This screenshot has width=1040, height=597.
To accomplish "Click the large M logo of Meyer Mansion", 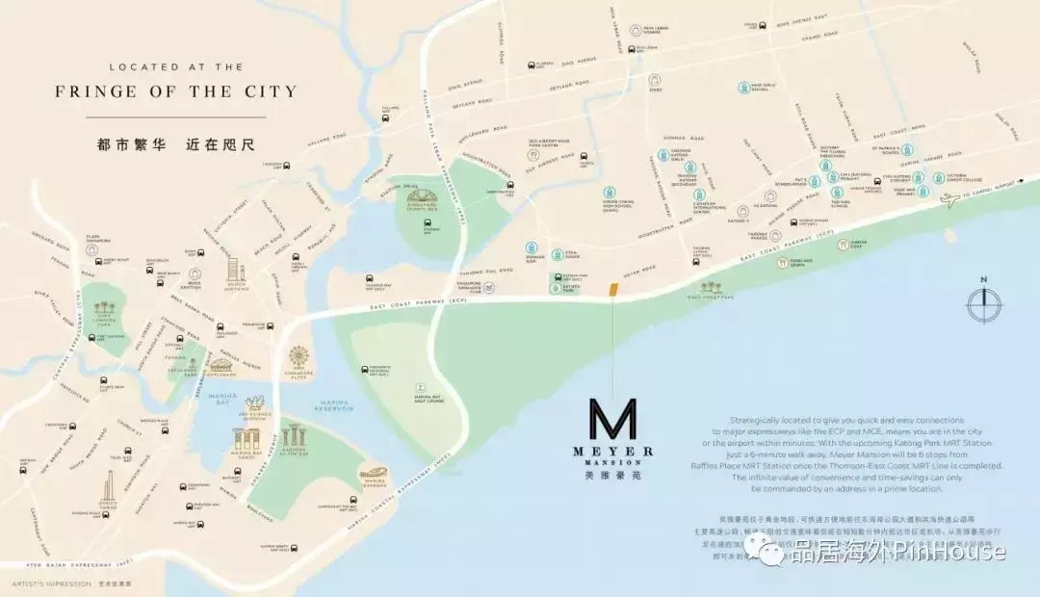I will click(612, 420).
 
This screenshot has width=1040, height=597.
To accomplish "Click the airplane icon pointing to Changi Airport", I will click(950, 198).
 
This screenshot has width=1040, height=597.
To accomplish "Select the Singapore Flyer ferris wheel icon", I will click(300, 357).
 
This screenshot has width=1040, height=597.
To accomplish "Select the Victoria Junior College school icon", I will click(938, 178).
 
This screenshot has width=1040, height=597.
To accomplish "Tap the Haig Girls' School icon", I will click(743, 88).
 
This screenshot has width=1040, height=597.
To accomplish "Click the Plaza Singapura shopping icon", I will click(92, 248).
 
